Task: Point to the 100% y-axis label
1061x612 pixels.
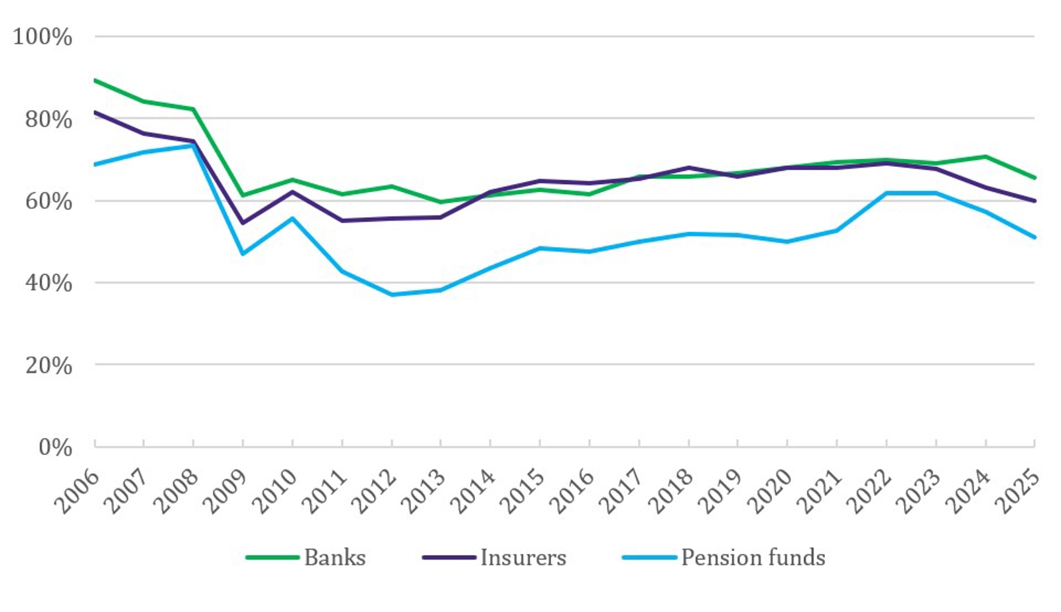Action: pyautogui.click(x=42, y=36)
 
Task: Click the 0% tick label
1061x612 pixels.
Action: pyautogui.click(x=55, y=447)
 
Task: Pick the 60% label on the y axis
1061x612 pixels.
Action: pyautogui.click(x=48, y=201)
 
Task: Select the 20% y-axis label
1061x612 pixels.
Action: pyautogui.click(x=48, y=365)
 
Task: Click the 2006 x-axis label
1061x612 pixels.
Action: pyautogui.click(x=77, y=491)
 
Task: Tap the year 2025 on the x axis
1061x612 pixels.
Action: pyautogui.click(x=1017, y=491)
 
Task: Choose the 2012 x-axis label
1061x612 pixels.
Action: pyautogui.click(x=374, y=491)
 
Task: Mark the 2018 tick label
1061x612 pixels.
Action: pyautogui.click(x=671, y=491)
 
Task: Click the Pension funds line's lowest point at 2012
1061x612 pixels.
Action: pyautogui.click(x=392, y=295)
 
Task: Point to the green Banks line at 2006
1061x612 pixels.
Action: pyautogui.click(x=95, y=80)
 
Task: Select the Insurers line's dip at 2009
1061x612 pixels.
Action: pyautogui.click(x=243, y=223)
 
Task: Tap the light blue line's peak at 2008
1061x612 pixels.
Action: pyautogui.click(x=193, y=145)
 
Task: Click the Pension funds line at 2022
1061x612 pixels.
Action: pyautogui.click(x=887, y=193)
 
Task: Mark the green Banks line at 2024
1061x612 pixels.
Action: pyautogui.click(x=986, y=156)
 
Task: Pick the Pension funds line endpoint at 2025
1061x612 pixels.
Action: pyautogui.click(x=1034, y=237)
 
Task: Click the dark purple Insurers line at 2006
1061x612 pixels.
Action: pyautogui.click(x=95, y=112)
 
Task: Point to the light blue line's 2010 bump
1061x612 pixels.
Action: pyautogui.click(x=292, y=218)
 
